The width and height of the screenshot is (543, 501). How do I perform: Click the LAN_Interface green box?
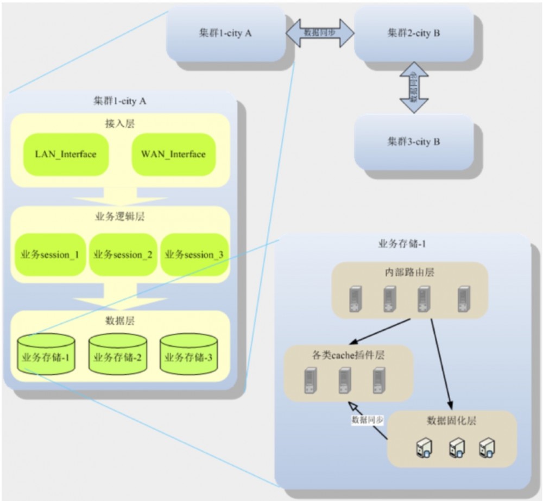click(x=66, y=154)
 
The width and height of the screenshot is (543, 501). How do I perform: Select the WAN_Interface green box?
click(x=173, y=154)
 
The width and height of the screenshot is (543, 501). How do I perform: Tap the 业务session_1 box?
click(x=50, y=255)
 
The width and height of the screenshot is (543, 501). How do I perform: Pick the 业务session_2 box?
click(x=123, y=255)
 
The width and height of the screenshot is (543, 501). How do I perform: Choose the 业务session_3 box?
click(x=194, y=255)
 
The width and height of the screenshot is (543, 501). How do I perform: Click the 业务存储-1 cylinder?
click(x=46, y=354)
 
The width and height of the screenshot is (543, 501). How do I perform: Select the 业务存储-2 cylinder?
click(x=118, y=354)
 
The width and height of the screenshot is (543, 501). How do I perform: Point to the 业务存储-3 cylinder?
click(x=188, y=354)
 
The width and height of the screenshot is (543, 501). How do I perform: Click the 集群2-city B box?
click(x=414, y=34)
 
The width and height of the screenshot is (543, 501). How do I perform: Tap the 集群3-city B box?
click(x=414, y=142)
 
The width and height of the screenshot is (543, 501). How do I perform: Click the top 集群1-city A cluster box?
click(x=225, y=34)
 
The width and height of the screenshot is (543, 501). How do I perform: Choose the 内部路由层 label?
click(x=408, y=272)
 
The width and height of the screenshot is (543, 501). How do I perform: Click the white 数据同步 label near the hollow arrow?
click(x=368, y=420)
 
